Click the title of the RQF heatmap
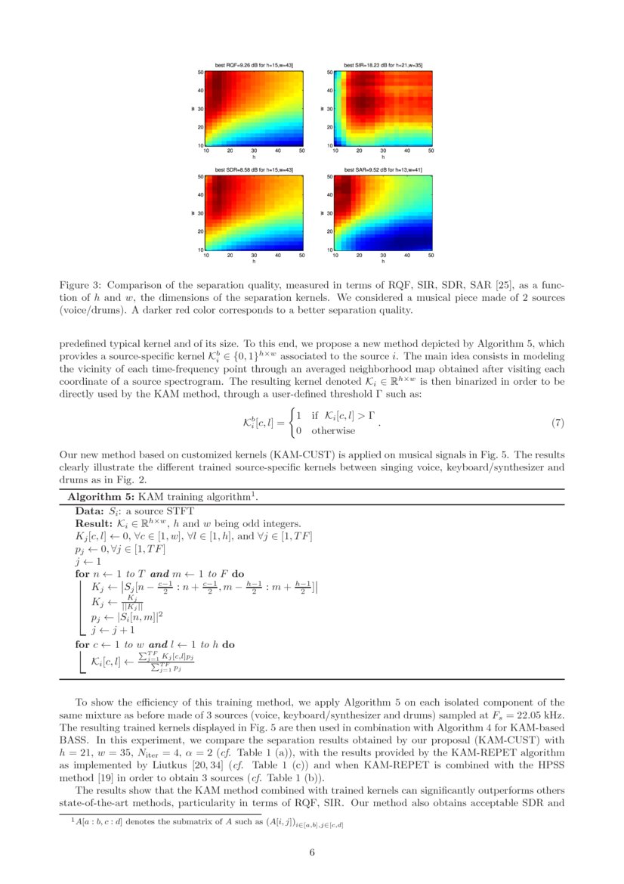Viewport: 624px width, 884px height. tap(254, 66)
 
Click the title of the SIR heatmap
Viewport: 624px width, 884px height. tap(383, 66)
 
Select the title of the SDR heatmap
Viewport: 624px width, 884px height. tap(254, 170)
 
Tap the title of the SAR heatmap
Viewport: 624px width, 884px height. tap(383, 170)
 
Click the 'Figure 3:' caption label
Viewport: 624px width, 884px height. tap(81, 285)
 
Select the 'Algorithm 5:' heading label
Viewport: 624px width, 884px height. tap(100, 497)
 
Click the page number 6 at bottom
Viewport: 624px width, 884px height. tap(312, 852)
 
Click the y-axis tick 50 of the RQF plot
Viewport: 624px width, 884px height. tap(201, 73)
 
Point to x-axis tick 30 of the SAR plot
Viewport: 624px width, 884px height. tap(383, 256)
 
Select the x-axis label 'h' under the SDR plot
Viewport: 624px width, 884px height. tap(254, 262)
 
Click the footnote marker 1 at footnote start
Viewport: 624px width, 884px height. tap(62, 821)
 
